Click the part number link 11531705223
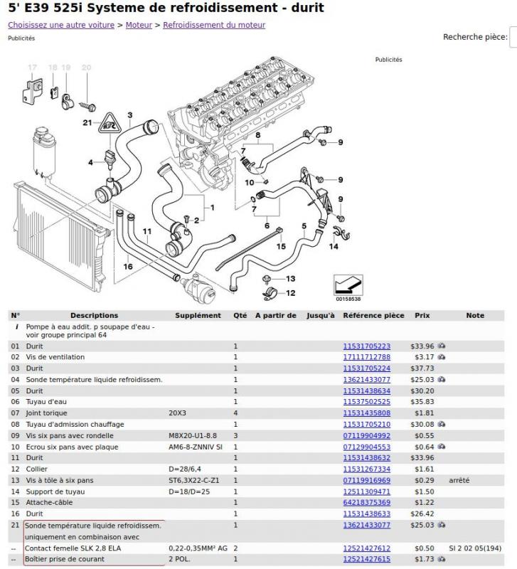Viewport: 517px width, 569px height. tap(366, 346)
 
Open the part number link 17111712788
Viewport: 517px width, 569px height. tap(366, 357)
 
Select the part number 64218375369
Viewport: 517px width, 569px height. tap(366, 502)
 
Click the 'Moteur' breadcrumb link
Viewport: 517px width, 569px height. tap(141, 25)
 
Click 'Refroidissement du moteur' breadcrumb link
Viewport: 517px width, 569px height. tap(214, 25)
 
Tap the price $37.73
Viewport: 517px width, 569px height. tap(422, 368)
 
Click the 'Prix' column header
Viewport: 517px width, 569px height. tap(422, 315)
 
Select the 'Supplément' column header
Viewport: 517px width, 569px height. tap(198, 315)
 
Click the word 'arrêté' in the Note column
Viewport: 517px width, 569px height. tap(459, 480)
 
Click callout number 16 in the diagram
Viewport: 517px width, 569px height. tap(128, 267)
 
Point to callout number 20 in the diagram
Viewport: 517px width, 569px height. tap(86, 68)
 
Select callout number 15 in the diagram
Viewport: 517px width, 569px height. tap(281, 246)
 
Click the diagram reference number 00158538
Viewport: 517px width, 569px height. tap(348, 299)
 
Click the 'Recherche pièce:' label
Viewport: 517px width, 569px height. tap(474, 37)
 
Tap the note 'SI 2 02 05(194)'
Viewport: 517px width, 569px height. tap(475, 548)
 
